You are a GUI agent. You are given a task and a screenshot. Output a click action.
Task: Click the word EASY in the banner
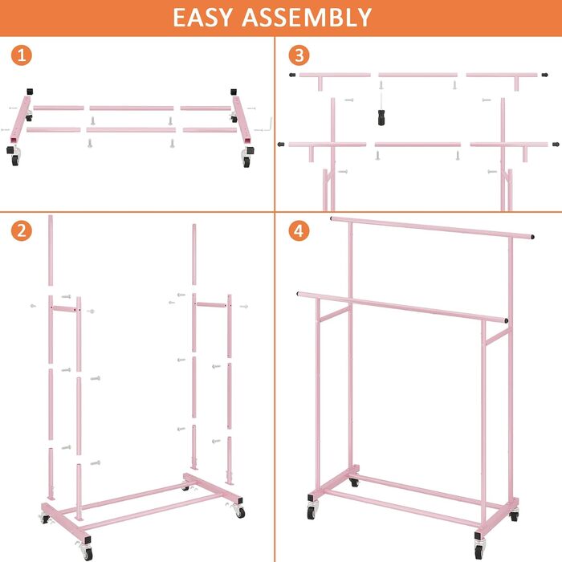203,17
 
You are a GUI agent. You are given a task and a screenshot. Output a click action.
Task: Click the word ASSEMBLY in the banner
307,17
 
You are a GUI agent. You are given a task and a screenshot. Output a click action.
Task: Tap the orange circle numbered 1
22,55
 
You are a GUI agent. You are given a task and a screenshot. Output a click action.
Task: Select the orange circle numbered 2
22,230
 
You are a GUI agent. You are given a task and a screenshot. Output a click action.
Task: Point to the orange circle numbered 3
299,55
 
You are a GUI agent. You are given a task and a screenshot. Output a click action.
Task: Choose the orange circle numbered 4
299,230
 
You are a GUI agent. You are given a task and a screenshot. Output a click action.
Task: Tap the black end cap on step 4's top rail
532,237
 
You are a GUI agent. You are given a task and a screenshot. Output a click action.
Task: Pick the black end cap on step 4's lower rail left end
298,294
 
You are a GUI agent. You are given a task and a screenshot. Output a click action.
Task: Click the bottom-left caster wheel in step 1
14,157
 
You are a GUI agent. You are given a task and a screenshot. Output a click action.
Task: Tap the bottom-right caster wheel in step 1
247,157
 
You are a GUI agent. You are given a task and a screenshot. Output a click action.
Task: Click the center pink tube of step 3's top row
418,75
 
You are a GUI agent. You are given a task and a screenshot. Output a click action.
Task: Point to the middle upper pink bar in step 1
132,108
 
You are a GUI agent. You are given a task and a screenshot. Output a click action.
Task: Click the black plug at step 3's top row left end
292,75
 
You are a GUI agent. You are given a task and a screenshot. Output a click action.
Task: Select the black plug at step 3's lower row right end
556,145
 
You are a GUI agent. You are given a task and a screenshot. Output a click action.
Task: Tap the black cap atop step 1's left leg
30,92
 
